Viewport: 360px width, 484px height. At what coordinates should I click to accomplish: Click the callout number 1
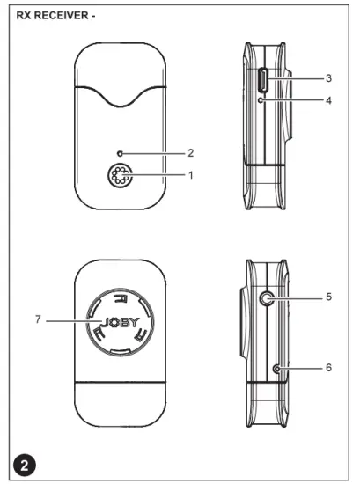click(191, 175)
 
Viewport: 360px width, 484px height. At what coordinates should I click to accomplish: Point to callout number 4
click(327, 101)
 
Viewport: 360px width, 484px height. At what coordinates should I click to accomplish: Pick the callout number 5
click(327, 297)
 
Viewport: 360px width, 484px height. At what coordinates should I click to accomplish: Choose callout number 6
click(327, 367)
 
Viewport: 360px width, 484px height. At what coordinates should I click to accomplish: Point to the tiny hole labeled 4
click(263, 101)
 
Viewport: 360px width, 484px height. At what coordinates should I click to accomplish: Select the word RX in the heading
click(26, 15)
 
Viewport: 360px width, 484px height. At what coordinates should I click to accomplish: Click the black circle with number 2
click(26, 463)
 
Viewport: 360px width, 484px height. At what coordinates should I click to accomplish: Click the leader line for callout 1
click(158, 175)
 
